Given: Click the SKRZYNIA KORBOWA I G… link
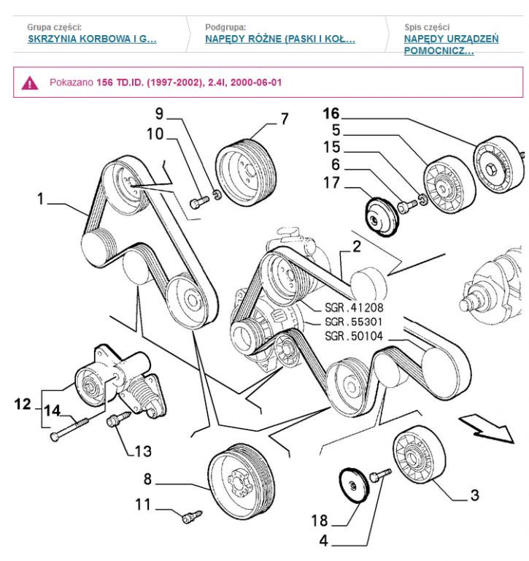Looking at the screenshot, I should [91, 39].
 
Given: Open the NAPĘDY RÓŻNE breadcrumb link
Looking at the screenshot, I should [281, 39].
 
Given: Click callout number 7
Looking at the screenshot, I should [284, 118].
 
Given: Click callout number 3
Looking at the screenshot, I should [474, 496].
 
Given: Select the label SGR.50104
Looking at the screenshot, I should [353, 335].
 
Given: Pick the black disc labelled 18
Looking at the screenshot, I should [352, 486].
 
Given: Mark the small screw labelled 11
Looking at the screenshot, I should [189, 517].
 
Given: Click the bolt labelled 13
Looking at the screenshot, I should [115, 422].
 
